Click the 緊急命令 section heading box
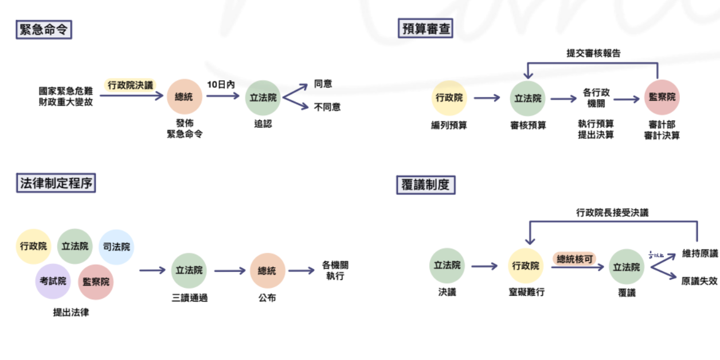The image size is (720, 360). tap(44, 30)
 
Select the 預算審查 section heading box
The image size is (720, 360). tap(425, 29)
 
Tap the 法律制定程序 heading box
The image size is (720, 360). tap(55, 183)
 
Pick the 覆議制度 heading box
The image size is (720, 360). tap(425, 185)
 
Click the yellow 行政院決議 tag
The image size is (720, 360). tap(131, 85)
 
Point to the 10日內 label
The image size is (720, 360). tap(221, 84)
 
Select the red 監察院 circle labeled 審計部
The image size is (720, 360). tap(662, 97)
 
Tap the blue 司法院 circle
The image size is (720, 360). tap(116, 247)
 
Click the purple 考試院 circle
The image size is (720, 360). tap(53, 281)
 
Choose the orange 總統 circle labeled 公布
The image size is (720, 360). tap(267, 271)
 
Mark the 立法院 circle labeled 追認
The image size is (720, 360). tap(263, 98)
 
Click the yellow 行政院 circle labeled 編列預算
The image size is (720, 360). tap(449, 98)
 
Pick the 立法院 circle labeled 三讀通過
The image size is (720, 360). tap(189, 271)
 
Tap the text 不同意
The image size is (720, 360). tap(327, 107)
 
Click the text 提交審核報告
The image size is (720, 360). tap(593, 53)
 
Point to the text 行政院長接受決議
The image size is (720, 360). tap(612, 213)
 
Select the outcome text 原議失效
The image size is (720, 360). tap(699, 281)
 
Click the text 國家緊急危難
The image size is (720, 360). tap(66, 91)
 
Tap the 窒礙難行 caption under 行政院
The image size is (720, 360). tap(526, 292)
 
